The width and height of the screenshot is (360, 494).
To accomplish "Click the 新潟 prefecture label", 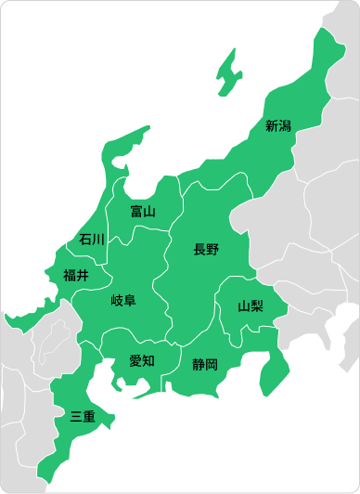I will click(x=278, y=125).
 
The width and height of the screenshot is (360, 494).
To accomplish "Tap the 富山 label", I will click(x=143, y=212).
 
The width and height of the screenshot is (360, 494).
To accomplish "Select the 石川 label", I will click(x=92, y=240).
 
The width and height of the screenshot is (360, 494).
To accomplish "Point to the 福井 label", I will click(x=76, y=275).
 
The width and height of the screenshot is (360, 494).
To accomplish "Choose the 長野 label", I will click(x=206, y=249).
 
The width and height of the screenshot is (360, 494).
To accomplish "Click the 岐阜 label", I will click(x=123, y=300).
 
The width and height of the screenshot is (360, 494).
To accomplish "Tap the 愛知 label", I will click(x=142, y=360).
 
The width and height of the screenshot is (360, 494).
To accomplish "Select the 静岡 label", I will click(x=205, y=364).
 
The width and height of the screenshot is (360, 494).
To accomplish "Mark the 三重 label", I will click(x=83, y=416).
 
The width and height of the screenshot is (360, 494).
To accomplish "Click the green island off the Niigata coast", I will click(x=226, y=75).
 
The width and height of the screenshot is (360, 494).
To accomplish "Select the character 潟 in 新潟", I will click(x=285, y=125).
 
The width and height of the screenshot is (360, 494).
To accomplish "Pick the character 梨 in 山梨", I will click(x=257, y=305).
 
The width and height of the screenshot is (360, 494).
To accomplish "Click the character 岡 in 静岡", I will click(x=212, y=364).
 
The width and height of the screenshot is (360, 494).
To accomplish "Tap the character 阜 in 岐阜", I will click(x=130, y=300).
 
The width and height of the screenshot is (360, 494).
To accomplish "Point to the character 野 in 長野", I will click(x=212, y=249).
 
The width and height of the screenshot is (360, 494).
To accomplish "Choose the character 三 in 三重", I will click(x=76, y=416).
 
